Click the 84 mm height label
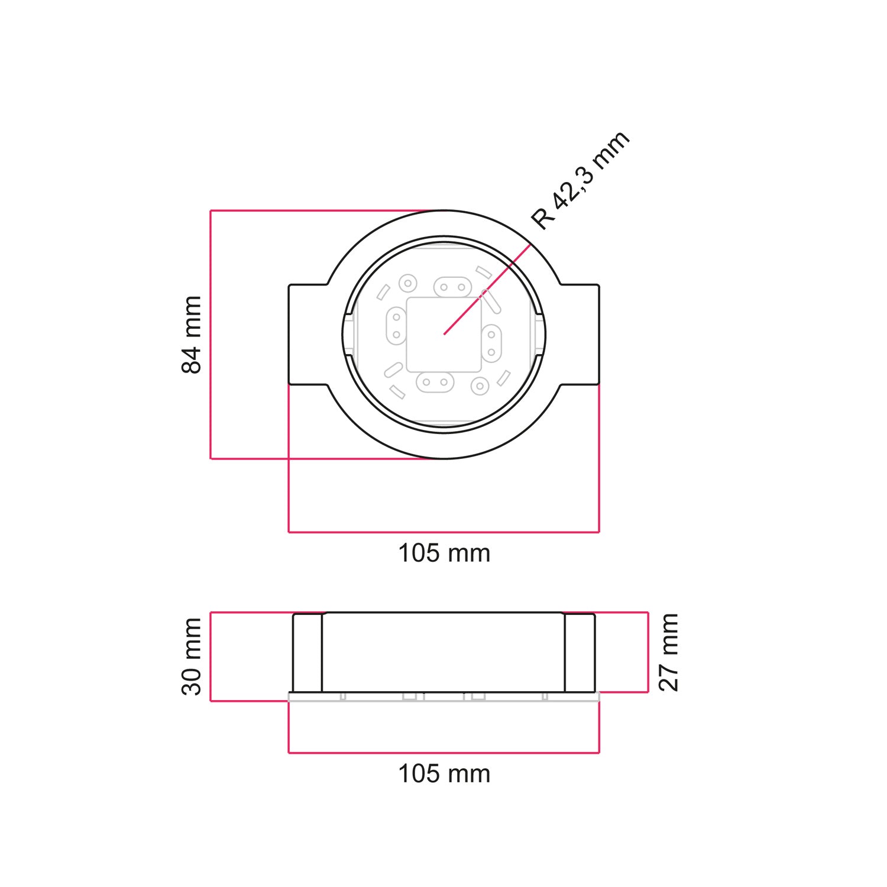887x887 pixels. [192, 335]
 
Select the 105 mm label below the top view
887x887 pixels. [444, 553]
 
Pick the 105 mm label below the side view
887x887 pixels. [444, 773]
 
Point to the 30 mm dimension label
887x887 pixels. [192, 656]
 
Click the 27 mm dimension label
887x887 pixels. [668, 652]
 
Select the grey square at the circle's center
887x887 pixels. [444, 335]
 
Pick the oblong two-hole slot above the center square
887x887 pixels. [452, 287]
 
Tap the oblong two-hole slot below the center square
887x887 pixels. [435, 382]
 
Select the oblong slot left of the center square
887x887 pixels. [396, 326]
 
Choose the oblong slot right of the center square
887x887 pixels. [491, 343]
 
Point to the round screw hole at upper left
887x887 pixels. [407, 283]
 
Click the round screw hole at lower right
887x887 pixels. [480, 387]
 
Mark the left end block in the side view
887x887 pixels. [307, 653]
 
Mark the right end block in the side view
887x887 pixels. [580, 653]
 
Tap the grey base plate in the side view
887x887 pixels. [444, 697]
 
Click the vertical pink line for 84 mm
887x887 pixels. [211, 335]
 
